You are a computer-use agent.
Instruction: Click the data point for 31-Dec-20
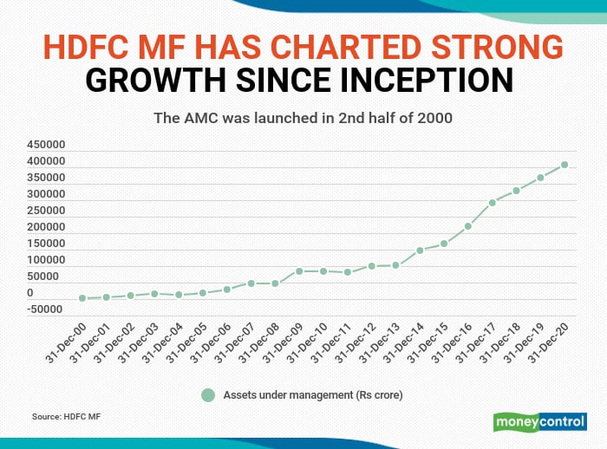(x=564, y=165)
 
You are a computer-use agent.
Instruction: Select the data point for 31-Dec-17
(x=492, y=203)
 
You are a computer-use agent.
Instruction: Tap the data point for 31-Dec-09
(x=299, y=271)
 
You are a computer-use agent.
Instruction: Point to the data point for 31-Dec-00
(x=82, y=298)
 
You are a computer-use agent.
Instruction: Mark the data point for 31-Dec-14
(x=420, y=251)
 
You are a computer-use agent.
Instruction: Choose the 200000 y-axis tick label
(x=42, y=227)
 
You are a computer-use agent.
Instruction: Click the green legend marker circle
(x=207, y=395)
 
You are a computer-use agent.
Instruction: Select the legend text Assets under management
(x=313, y=395)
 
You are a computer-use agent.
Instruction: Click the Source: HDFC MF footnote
(x=66, y=417)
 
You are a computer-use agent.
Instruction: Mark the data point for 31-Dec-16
(x=467, y=227)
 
